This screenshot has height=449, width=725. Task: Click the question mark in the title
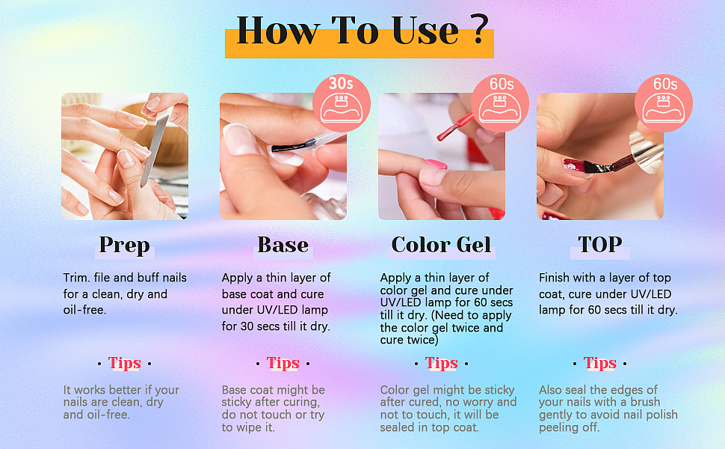481,29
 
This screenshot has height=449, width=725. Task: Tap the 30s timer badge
342,103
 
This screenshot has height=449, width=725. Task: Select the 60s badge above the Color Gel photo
500,103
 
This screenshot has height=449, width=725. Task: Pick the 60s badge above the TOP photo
664,103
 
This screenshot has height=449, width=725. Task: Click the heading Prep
124,245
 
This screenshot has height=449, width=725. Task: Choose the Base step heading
283,245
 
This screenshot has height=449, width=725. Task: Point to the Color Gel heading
441,245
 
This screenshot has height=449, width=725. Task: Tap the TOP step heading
599,245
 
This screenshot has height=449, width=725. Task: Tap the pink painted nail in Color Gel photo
436,164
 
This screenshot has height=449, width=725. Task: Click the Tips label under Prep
124,364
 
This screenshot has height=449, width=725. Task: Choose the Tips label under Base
283,364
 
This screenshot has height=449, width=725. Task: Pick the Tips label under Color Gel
441,364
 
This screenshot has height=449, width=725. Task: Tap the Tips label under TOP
599,364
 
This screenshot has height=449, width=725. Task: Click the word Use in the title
425,31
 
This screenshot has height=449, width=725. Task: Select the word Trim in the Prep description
76,278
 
